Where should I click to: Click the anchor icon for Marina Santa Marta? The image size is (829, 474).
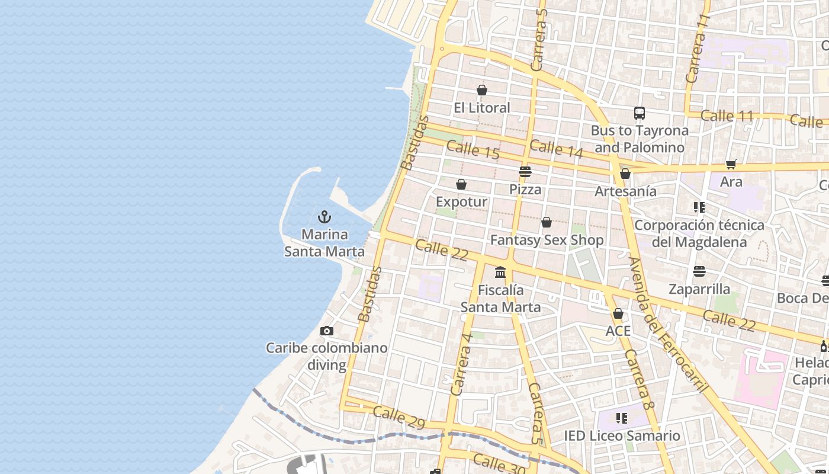(324, 217)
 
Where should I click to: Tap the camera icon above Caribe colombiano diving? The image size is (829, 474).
(326, 331)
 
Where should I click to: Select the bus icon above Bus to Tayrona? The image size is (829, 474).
(639, 113)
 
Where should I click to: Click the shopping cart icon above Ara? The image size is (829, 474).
(731, 164)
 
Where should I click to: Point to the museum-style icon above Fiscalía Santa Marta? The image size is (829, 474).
(500, 272)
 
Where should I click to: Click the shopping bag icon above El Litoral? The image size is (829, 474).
(481, 90)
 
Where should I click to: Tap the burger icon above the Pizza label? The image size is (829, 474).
(525, 172)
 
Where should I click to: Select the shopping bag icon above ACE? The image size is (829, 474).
(618, 313)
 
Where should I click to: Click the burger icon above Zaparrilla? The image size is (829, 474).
(699, 271)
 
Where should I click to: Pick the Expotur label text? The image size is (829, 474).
(461, 202)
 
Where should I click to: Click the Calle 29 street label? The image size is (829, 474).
(399, 417)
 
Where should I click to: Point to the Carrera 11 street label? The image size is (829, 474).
(697, 49)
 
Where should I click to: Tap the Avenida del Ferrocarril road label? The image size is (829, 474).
(668, 325)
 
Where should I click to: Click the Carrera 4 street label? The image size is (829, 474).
(462, 364)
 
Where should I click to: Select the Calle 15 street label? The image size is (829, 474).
(473, 149)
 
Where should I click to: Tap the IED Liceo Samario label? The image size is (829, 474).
(622, 436)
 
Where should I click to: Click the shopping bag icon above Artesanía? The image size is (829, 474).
(625, 174)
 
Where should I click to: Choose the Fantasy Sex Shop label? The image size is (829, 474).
(547, 240)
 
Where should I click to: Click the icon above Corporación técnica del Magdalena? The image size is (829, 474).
(699, 207)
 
